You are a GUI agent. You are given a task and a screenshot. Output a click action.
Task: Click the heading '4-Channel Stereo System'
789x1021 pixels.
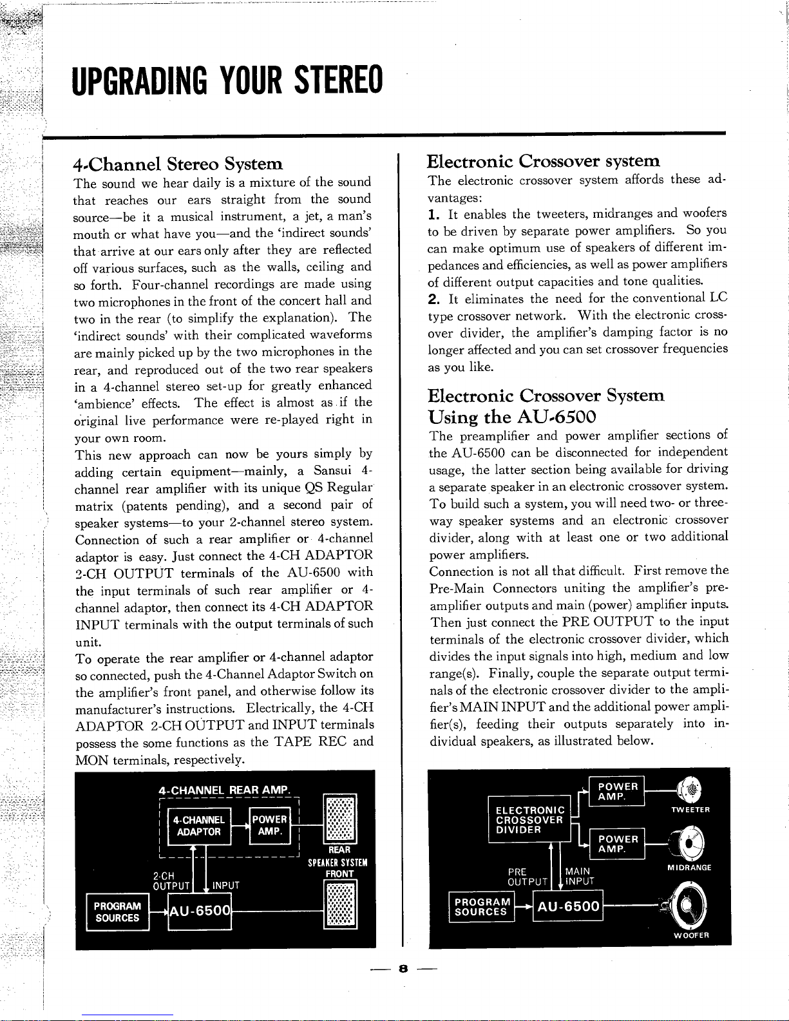click(x=178, y=164)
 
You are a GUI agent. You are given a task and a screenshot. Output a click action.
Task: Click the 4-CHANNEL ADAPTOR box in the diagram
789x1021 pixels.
click(x=199, y=825)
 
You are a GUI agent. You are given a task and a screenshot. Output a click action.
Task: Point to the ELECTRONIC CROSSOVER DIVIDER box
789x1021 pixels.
click(x=529, y=819)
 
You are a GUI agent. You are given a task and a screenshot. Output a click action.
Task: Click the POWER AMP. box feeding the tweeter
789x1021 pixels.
click(x=617, y=792)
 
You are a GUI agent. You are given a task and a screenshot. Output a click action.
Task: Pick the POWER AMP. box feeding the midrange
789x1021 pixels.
click(x=617, y=844)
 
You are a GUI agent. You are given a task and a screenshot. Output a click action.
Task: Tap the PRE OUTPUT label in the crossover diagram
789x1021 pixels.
click(x=526, y=877)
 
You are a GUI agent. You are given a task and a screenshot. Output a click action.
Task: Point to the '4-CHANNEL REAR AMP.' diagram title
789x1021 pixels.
click(x=225, y=790)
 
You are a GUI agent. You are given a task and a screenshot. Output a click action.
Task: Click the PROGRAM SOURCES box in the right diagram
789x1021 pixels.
click(x=482, y=907)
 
